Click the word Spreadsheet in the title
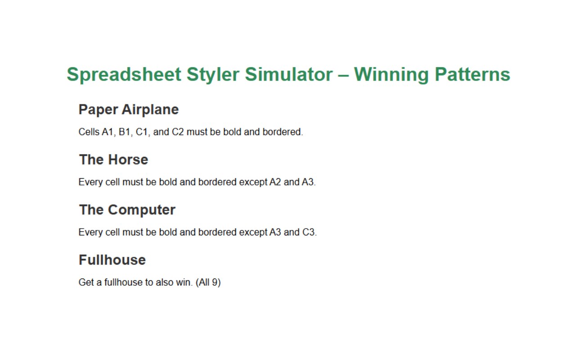[x=124, y=75]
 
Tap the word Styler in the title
[x=213, y=75]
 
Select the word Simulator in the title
[x=289, y=74]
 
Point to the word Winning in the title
[x=391, y=75]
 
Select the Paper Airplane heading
[x=129, y=110]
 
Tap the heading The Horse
[x=114, y=159]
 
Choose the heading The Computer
[x=127, y=210]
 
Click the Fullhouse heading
[x=112, y=260]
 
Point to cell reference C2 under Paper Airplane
[x=178, y=132]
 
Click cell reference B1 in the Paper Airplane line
[x=125, y=132]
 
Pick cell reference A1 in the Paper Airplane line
[x=108, y=132]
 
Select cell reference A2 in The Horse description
[x=275, y=182]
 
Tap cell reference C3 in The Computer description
[x=309, y=232]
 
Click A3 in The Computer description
[x=275, y=232]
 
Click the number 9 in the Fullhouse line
[x=215, y=282]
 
